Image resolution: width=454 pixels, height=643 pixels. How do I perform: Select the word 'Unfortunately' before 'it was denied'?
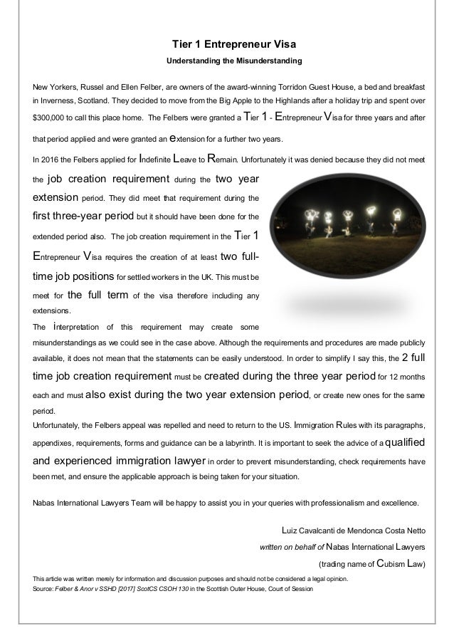pos(273,160)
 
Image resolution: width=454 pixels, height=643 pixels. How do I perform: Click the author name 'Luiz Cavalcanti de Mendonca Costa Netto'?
pos(354,529)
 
